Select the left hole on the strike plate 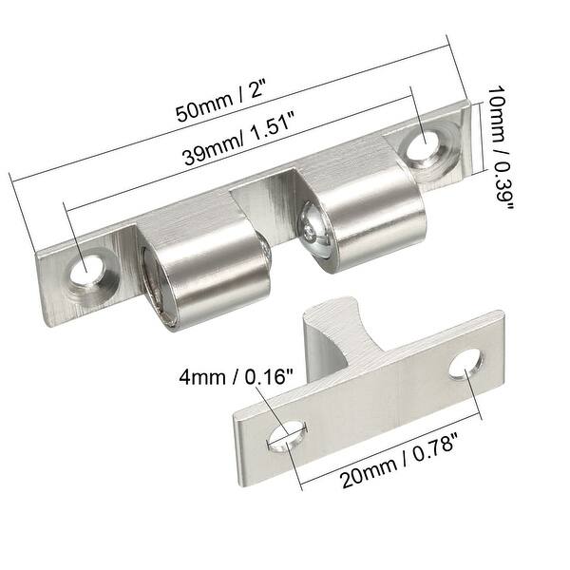(287, 436)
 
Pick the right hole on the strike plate (466, 361)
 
